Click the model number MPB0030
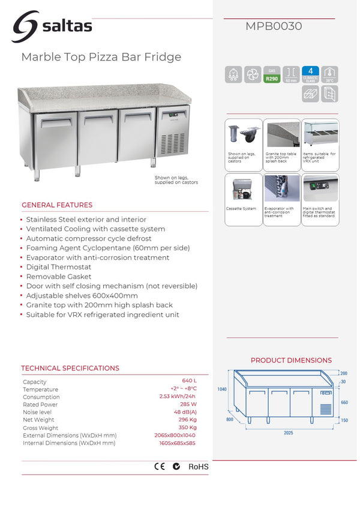tap(274, 26)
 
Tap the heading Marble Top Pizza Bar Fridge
tap(101, 58)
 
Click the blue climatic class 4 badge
tap(310, 74)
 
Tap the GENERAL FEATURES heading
tap(57, 205)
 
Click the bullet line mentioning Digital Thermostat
tap(59, 267)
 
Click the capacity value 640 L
tap(189, 381)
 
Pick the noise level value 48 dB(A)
tap(185, 412)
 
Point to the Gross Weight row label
tap(41, 427)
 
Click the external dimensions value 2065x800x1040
tap(175, 435)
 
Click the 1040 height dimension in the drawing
tap(222, 390)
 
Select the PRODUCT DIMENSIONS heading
tap(291, 360)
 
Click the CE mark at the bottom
tap(160, 466)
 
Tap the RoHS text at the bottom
tap(199, 466)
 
